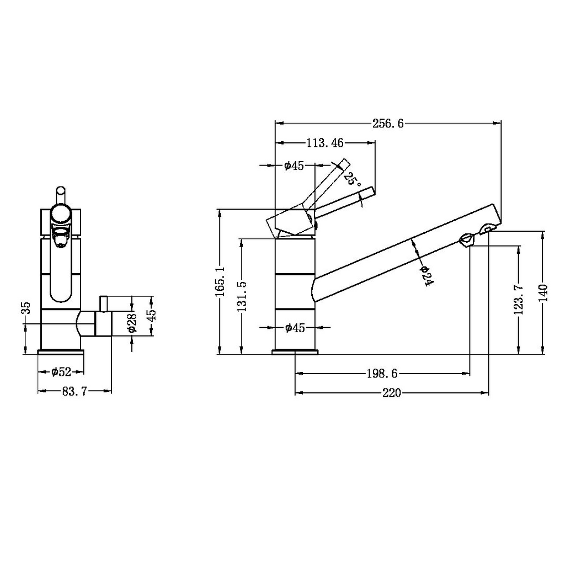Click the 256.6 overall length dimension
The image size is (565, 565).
coord(388,124)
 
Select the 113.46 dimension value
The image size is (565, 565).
coord(324,143)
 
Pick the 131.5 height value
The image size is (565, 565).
coord(241,296)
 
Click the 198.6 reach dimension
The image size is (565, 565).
coord(382,374)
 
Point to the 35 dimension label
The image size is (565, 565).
coord(25,308)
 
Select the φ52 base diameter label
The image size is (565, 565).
coord(61,372)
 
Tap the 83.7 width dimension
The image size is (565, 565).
coord(74,391)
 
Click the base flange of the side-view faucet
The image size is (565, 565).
coord(296,352)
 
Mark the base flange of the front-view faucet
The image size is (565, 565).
coord(61,352)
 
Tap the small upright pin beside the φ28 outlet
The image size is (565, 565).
coord(103,303)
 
